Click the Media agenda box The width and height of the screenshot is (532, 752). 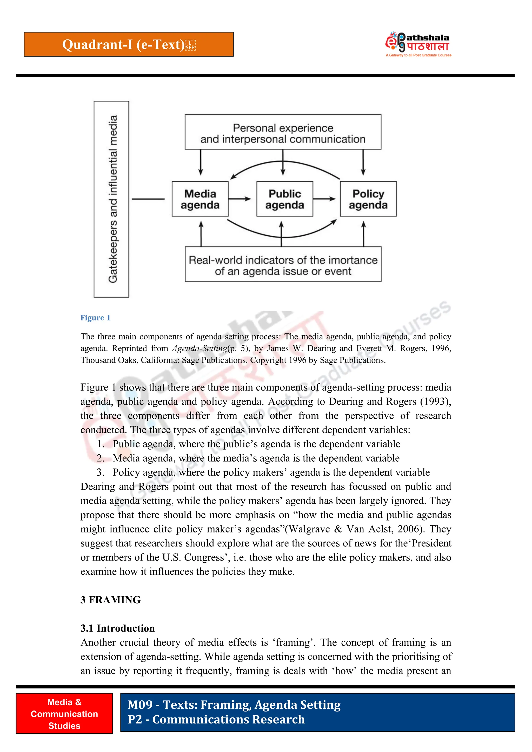(200, 199)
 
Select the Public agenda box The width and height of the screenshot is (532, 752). (284, 199)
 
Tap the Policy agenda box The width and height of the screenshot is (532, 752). (368, 199)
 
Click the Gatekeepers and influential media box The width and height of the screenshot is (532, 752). (111, 199)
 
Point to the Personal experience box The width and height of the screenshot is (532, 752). (283, 132)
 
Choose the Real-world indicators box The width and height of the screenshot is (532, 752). (283, 264)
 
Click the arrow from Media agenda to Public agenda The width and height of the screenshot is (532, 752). (240, 199)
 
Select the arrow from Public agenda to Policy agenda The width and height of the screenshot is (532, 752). (324, 199)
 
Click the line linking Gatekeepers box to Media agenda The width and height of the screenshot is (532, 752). (148, 199)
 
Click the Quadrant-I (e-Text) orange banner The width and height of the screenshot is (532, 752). (129, 44)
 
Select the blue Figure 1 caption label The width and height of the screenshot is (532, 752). (95, 318)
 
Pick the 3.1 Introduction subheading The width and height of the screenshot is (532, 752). (117, 628)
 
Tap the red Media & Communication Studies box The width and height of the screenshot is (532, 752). (64, 714)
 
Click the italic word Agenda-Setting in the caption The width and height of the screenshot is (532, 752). (199, 348)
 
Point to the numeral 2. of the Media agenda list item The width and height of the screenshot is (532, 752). (100, 458)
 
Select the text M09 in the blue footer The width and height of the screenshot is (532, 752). (140, 705)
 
